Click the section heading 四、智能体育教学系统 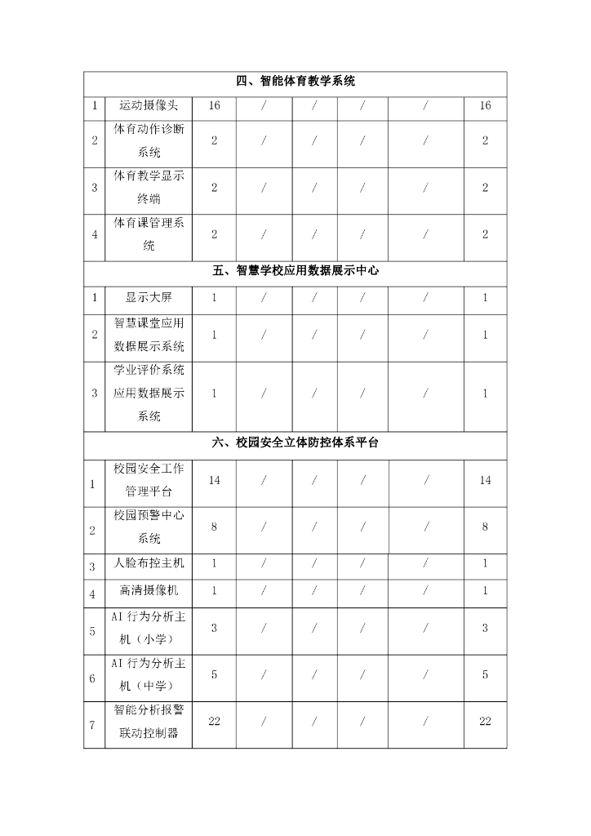tap(295, 82)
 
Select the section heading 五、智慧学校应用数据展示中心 tap(295, 271)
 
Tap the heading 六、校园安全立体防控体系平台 tap(295, 442)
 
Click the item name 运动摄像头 tap(149, 106)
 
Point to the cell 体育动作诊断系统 tap(149, 140)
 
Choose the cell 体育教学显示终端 tap(149, 187)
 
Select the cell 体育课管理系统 tap(149, 234)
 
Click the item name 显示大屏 tap(149, 298)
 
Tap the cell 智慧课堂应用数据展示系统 tap(149, 335)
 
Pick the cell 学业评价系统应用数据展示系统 tap(149, 393)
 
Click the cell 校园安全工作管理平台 tap(149, 480)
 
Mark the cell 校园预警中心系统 tap(149, 527)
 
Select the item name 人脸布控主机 tap(149, 563)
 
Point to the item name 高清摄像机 tap(149, 590)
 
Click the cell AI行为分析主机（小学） tap(149, 627)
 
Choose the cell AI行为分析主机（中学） tap(149, 674)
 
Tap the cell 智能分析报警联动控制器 tap(149, 722)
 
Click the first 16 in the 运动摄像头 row tap(215, 106)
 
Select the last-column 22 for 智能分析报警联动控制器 tap(485, 721)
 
